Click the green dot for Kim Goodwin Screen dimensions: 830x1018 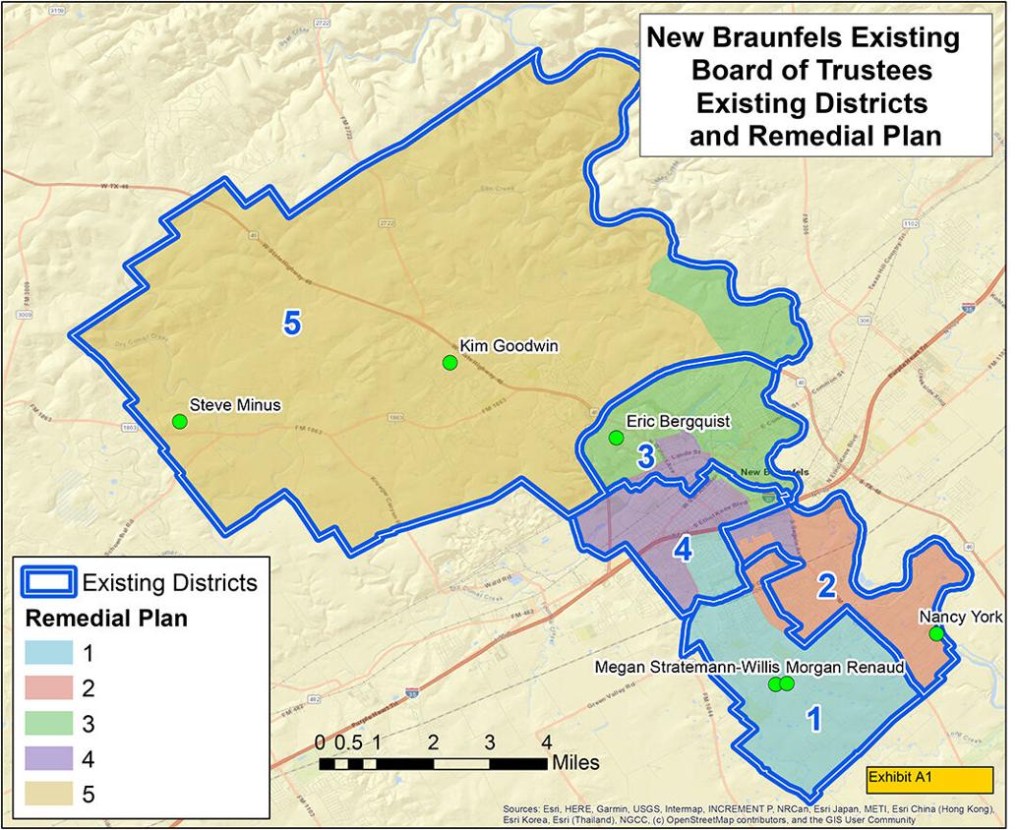[449, 363]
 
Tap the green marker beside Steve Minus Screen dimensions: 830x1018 [179, 422]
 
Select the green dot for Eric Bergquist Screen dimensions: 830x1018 [617, 437]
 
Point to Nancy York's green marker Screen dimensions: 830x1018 [936, 633]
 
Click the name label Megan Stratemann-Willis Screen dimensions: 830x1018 [688, 668]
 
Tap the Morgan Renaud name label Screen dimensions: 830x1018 [845, 668]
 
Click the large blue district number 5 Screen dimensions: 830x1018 [291, 323]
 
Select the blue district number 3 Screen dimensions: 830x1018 [645, 457]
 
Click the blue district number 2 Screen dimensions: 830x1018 [826, 587]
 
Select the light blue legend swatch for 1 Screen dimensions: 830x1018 [47, 652]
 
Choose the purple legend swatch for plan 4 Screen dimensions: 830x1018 [47, 759]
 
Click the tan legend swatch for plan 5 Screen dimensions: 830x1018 [47, 795]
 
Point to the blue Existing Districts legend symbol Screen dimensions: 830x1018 [47, 582]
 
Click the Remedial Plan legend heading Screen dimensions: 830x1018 [105, 619]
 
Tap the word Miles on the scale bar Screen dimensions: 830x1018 [574, 763]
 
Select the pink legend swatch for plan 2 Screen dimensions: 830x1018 [47, 687]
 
